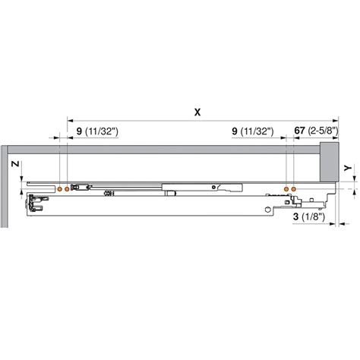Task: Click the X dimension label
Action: (197, 112)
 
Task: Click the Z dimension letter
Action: (14, 163)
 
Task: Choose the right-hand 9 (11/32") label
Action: (252, 131)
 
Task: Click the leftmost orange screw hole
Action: (60, 187)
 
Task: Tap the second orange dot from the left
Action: (68, 187)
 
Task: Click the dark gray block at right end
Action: (328, 162)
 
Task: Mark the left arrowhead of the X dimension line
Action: (71, 119)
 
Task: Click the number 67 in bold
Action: (299, 131)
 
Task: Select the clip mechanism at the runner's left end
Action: (34, 204)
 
